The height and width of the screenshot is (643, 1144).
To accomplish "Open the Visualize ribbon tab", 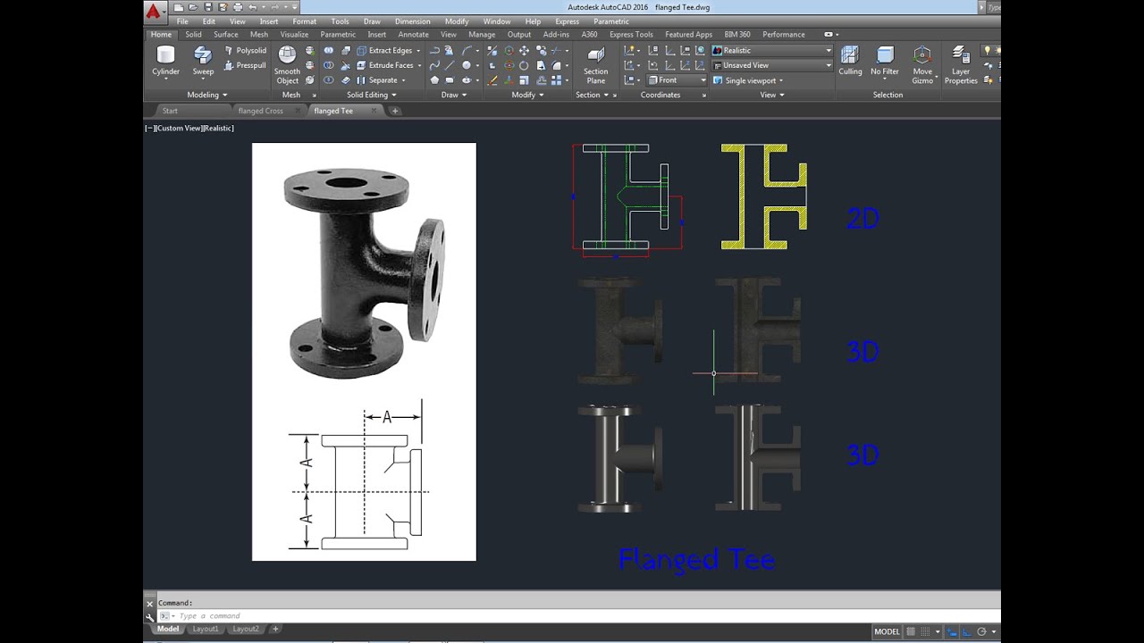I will [294, 35].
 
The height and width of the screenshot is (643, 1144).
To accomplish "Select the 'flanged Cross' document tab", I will [260, 111].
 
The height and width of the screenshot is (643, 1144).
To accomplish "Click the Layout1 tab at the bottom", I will [206, 630].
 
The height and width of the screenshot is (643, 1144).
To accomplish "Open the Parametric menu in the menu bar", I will [610, 21].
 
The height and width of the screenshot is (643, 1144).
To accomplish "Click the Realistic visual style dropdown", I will [772, 51].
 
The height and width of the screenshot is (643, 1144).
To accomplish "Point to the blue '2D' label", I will [862, 219].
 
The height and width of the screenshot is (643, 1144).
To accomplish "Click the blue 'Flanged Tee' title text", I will [696, 560].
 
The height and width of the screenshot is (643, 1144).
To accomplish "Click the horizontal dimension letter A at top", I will [387, 417].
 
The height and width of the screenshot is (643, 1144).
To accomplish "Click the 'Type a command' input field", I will [357, 616].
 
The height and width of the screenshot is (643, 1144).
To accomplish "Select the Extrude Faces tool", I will [390, 65].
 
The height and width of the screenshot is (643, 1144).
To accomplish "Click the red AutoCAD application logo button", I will [154, 12].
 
